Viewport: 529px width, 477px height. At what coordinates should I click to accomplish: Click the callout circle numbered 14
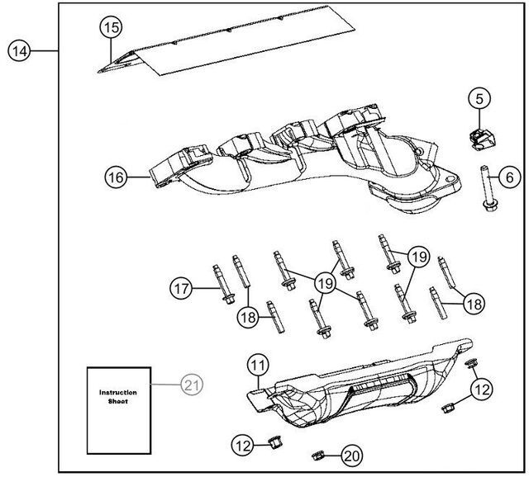coord(19,51)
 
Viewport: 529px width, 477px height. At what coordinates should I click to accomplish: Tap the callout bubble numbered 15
coord(111,27)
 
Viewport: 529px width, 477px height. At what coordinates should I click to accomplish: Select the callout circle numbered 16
coord(117,176)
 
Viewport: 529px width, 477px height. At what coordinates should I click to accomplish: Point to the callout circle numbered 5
coord(479,99)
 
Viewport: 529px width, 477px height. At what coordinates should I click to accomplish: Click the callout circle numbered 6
coord(508,176)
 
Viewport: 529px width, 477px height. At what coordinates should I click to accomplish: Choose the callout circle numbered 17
coord(181,289)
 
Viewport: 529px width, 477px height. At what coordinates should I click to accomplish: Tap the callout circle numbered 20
coord(352,454)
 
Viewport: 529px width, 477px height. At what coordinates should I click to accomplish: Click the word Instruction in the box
coord(117,394)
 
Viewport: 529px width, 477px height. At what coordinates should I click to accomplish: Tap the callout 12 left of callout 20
coord(242,446)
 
